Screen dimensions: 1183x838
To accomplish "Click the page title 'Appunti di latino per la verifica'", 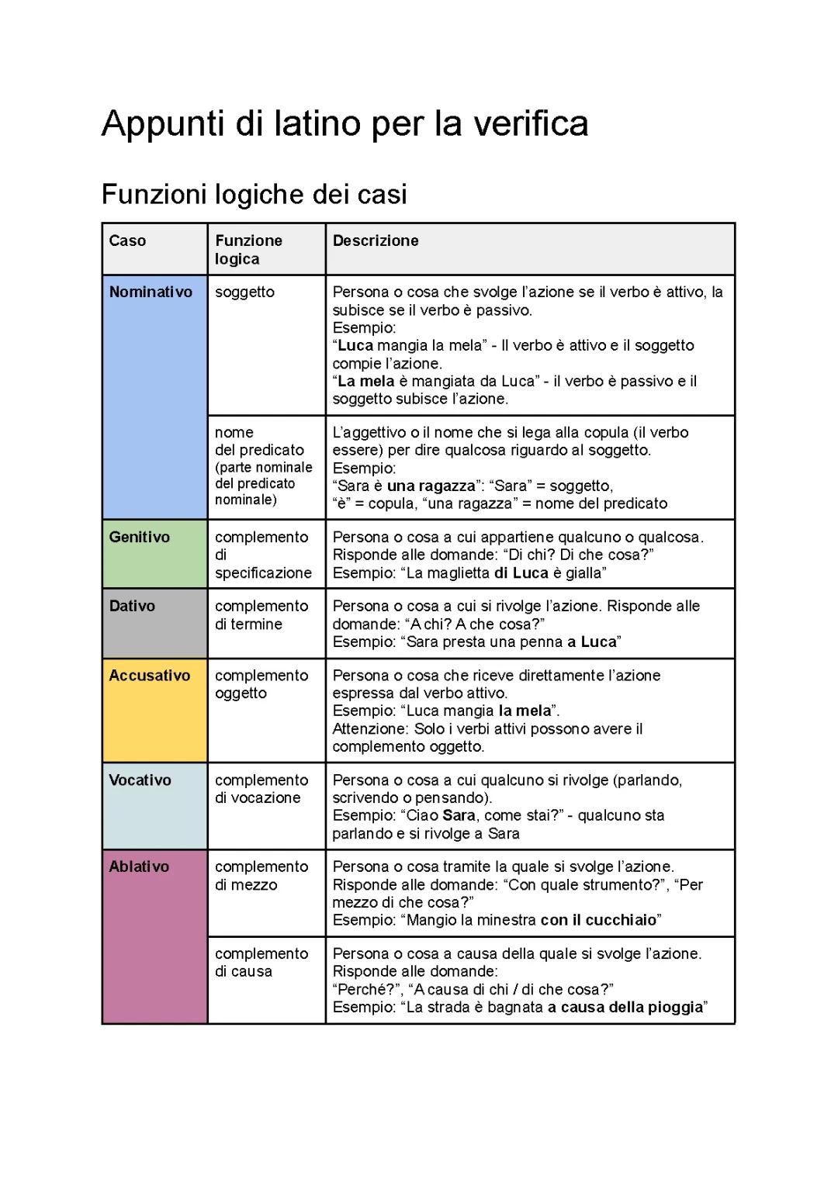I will coord(345,124).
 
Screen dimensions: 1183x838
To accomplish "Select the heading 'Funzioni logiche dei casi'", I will coord(254,194).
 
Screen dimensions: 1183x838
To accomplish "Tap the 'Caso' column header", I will coord(127,240).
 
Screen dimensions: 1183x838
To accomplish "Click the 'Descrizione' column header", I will coord(376,240).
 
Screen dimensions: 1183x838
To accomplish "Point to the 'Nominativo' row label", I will coord(151,292).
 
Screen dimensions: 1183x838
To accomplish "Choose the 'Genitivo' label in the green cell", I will coord(139,537).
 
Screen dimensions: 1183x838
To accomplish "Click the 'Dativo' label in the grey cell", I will coord(132,606).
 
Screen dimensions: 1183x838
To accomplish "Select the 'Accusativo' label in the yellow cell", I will coord(149,675).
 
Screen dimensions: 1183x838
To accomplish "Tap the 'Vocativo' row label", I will coord(140,780).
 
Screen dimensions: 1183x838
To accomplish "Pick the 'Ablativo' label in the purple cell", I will coord(139,866).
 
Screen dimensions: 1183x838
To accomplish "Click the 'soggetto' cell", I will coord(244,292).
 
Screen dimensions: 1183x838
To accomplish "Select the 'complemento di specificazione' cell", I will coord(262,555).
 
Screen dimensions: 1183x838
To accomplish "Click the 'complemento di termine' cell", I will coord(261,615).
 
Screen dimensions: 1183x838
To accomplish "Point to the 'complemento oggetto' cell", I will coord(261,684).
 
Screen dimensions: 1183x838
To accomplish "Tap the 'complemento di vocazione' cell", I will coord(261,789).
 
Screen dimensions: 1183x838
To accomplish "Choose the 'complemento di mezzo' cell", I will coord(261,876).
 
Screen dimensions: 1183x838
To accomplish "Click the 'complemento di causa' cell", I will coord(261,963).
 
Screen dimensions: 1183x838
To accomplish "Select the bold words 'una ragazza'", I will coord(431,486).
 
